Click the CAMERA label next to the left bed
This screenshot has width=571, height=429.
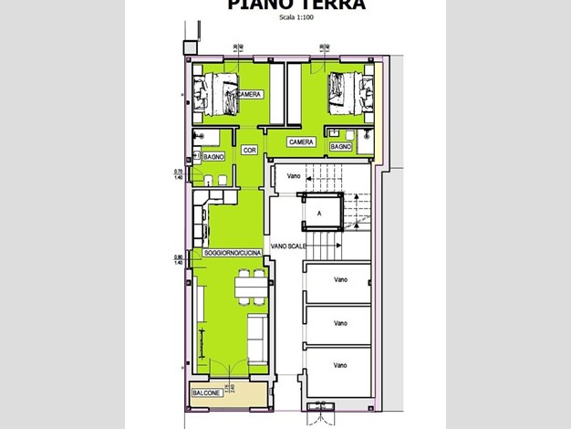coord(250,94)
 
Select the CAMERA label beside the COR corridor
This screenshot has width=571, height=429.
coord(301,142)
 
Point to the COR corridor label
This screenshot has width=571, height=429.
coord(249,149)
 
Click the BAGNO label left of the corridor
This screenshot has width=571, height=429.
coord(214,157)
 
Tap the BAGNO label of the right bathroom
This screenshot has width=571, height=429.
coord(341,146)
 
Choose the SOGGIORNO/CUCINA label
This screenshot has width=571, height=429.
coord(234,252)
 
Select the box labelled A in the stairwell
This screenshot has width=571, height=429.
coord(318,214)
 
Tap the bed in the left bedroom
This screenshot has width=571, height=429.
coord(214,96)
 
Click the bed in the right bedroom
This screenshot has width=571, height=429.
coord(349,93)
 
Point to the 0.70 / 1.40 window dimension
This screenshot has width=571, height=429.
coord(179,174)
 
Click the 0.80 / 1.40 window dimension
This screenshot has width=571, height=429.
coord(179,259)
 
